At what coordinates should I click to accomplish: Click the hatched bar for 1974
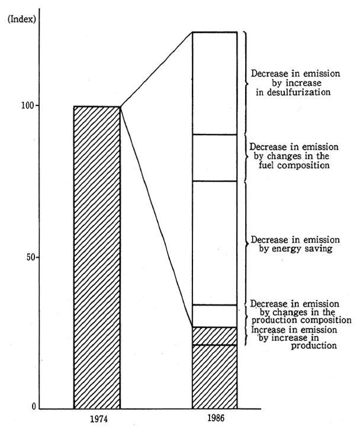pyautogui.click(x=97, y=258)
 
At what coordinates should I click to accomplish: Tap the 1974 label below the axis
pyautogui.click(x=97, y=418)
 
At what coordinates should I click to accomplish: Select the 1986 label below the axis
pyautogui.click(x=216, y=418)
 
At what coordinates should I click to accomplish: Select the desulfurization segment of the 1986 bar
pyautogui.click(x=215, y=83)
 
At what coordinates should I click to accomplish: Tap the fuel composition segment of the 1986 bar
pyautogui.click(x=215, y=157)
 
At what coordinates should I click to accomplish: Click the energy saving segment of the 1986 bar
pyautogui.click(x=215, y=243)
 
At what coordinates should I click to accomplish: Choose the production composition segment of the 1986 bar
pyautogui.click(x=215, y=316)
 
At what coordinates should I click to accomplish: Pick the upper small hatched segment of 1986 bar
pyautogui.click(x=215, y=336)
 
